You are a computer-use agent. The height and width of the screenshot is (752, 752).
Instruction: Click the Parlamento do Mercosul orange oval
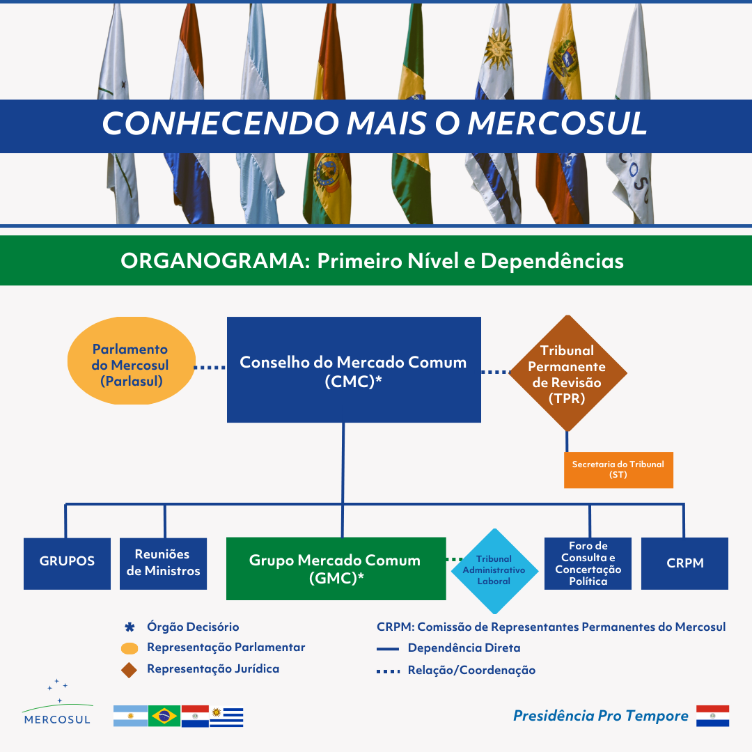click(x=132, y=361)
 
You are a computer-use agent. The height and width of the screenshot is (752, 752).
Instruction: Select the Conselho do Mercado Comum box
click(x=354, y=370)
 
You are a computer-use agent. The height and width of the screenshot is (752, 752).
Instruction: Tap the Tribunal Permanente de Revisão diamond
click(x=568, y=373)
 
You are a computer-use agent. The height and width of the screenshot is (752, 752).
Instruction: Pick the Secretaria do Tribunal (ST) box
click(x=618, y=470)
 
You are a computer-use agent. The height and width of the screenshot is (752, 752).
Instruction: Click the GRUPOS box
click(x=67, y=563)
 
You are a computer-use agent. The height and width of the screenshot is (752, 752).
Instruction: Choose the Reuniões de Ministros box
click(x=163, y=563)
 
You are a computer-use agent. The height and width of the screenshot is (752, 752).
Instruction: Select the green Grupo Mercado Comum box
click(x=336, y=568)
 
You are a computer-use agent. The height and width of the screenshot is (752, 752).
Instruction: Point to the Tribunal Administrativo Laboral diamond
click(x=494, y=571)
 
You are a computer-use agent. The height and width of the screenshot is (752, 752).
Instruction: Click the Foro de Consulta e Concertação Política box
click(x=588, y=563)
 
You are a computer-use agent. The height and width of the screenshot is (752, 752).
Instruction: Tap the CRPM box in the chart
click(x=685, y=563)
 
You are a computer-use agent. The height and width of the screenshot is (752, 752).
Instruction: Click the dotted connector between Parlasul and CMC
click(x=210, y=368)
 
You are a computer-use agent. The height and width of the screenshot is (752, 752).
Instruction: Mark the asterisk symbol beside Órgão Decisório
click(x=130, y=627)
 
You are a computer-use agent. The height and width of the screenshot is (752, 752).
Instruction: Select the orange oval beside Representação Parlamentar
click(x=130, y=648)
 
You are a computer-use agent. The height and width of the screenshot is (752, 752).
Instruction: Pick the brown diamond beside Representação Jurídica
click(x=129, y=670)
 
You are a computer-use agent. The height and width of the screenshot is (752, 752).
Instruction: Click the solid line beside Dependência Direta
click(x=388, y=649)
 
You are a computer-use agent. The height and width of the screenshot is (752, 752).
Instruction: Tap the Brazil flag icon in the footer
click(x=164, y=716)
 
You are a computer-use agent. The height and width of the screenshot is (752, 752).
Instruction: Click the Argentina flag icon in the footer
click(x=130, y=716)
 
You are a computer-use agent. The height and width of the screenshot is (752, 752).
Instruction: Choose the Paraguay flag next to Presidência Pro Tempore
click(x=713, y=716)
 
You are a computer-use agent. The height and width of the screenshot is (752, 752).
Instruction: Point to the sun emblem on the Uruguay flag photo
click(x=499, y=49)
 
